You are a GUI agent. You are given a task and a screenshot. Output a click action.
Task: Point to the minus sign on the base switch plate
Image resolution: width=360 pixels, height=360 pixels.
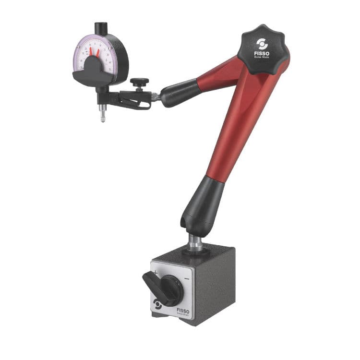186,279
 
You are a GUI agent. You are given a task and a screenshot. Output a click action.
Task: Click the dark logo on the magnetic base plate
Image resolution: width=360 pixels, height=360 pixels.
157,303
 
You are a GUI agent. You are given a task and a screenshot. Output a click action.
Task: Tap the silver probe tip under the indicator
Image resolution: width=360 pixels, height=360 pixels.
102,117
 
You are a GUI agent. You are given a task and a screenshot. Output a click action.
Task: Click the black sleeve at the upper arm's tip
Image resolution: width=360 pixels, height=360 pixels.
179,92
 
